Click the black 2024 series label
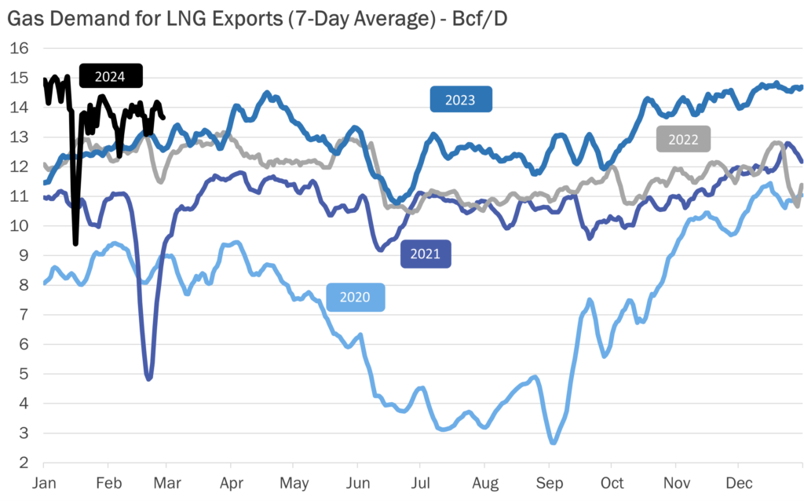(x=111, y=76)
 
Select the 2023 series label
(x=460, y=100)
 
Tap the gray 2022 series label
(x=683, y=139)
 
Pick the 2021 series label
(x=426, y=254)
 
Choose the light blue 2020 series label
(x=356, y=298)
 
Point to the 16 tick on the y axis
(x=20, y=48)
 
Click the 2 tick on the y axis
(x=24, y=463)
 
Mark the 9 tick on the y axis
(x=24, y=255)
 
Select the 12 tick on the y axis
(x=20, y=166)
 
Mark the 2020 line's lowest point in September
(x=554, y=442)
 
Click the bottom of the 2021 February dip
(x=148, y=378)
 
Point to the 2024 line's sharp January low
(x=75, y=243)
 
